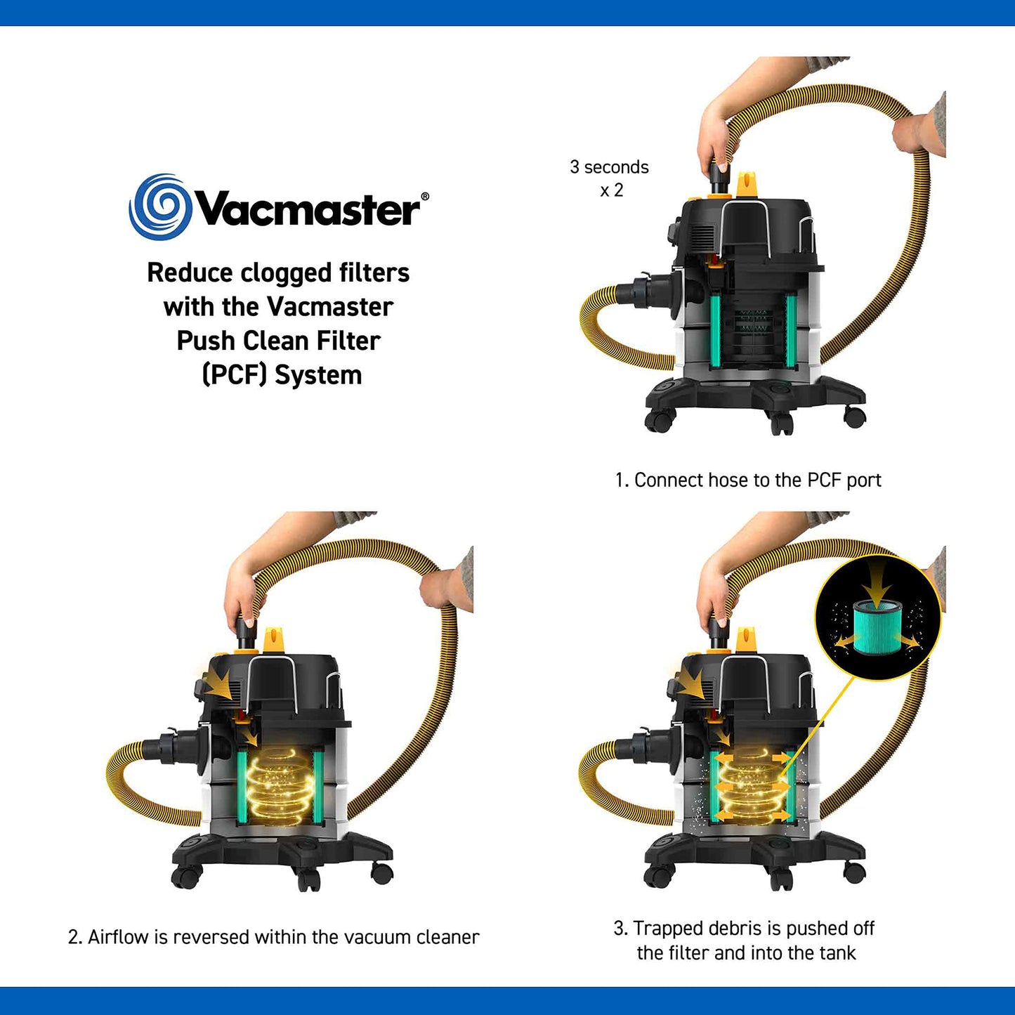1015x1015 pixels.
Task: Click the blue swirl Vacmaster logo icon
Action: [160, 207]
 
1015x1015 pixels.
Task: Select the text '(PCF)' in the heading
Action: [235, 375]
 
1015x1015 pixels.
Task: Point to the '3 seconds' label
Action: [609, 167]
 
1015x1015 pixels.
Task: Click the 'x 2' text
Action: [611, 190]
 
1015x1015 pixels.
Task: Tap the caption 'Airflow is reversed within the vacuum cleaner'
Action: [274, 937]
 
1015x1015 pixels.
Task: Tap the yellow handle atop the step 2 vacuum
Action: [274, 640]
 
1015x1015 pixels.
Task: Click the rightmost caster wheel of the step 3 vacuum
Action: [854, 872]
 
